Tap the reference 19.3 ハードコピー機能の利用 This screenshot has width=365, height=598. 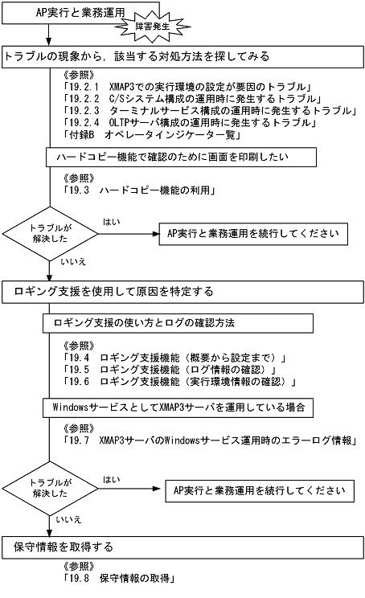[137, 190]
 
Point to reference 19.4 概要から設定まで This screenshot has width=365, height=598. [174, 355]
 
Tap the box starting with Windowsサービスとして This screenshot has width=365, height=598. [175, 408]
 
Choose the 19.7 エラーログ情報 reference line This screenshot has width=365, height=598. [210, 440]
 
